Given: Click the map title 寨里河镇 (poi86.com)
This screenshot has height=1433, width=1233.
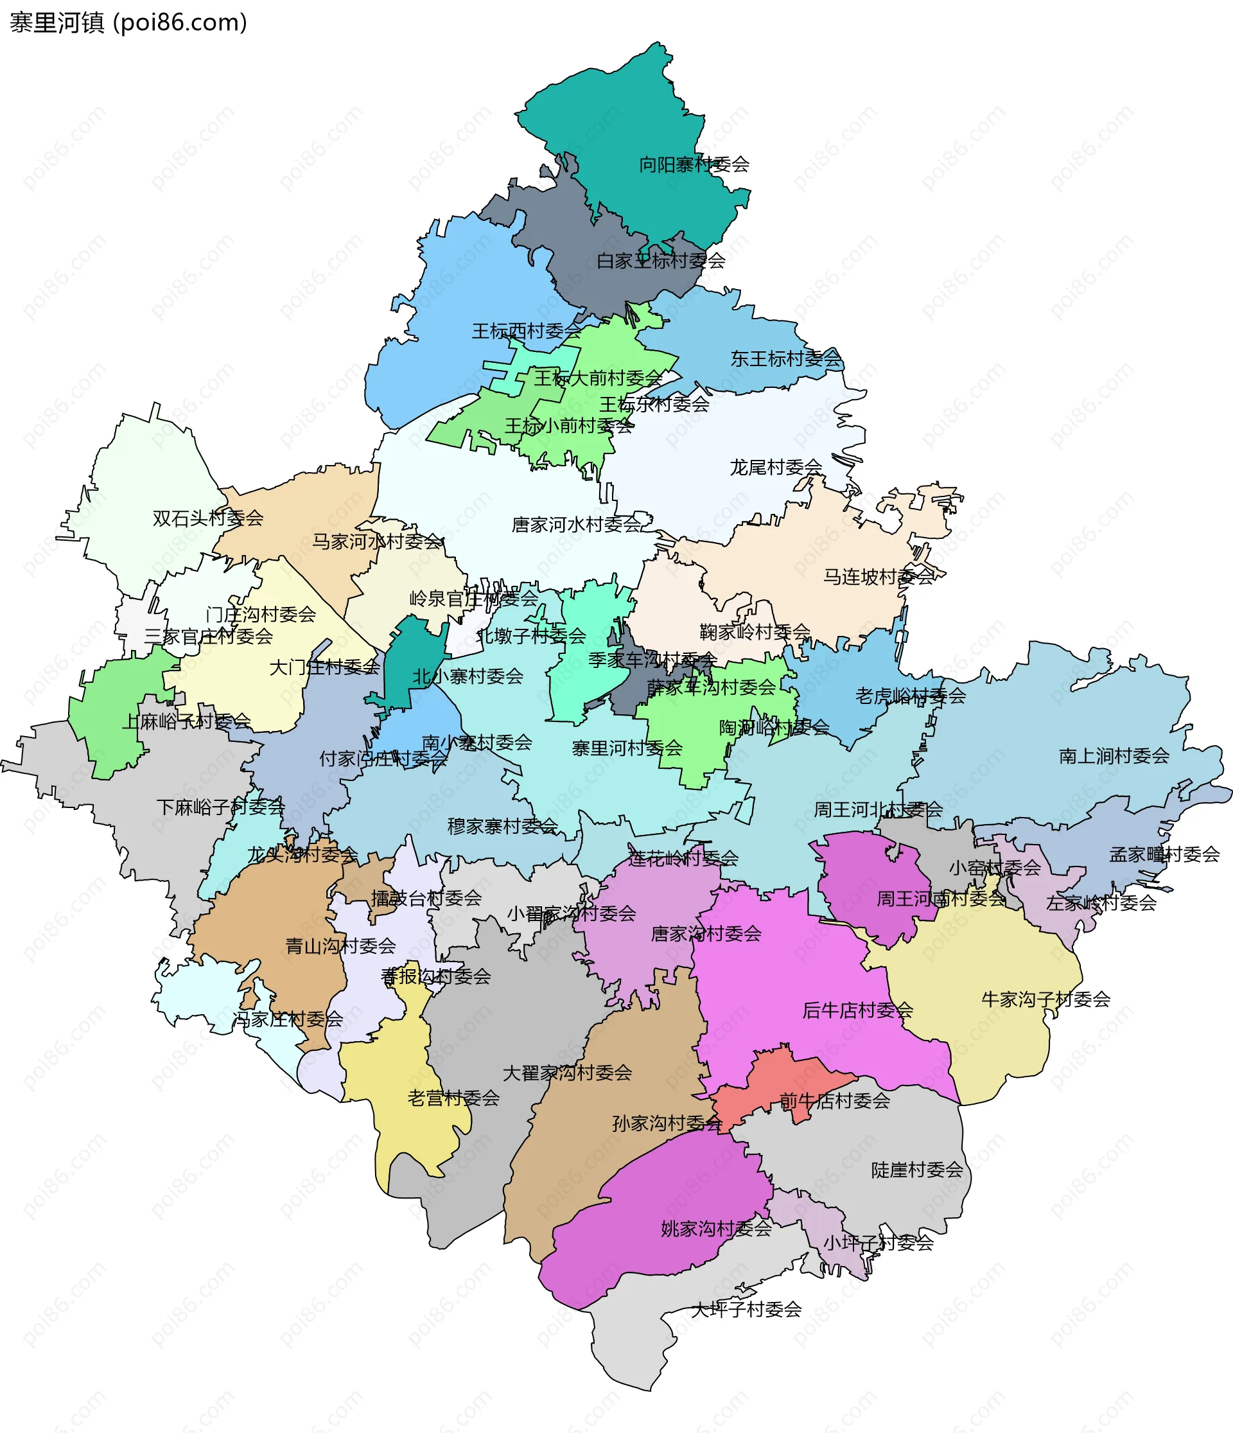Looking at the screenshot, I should [128, 23].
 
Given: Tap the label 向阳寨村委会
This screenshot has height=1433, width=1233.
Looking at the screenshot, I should [694, 164].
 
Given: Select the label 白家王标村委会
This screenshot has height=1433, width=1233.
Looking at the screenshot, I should [660, 261].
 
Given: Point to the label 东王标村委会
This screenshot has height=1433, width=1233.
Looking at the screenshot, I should [785, 358].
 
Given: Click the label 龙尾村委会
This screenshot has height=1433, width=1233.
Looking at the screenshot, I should [776, 468].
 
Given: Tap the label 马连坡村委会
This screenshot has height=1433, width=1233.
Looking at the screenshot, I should [879, 577].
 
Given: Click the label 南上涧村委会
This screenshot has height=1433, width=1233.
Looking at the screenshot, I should [1114, 756].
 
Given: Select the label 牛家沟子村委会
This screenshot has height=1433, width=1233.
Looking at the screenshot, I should [1045, 999].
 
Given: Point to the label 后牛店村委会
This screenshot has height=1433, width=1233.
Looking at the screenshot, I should [857, 1010].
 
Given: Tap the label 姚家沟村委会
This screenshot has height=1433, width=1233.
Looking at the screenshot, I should [716, 1229].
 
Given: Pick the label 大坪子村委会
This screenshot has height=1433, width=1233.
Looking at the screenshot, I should [746, 1309].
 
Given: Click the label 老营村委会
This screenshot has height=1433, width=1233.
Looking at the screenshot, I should [453, 1098].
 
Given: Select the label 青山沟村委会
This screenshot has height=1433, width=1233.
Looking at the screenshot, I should [340, 946].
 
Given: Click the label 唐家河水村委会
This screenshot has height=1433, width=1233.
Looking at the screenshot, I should [577, 525].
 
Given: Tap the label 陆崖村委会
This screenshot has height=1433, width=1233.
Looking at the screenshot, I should [917, 1170].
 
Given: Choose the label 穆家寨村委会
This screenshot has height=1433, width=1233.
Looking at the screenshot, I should [502, 827].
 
